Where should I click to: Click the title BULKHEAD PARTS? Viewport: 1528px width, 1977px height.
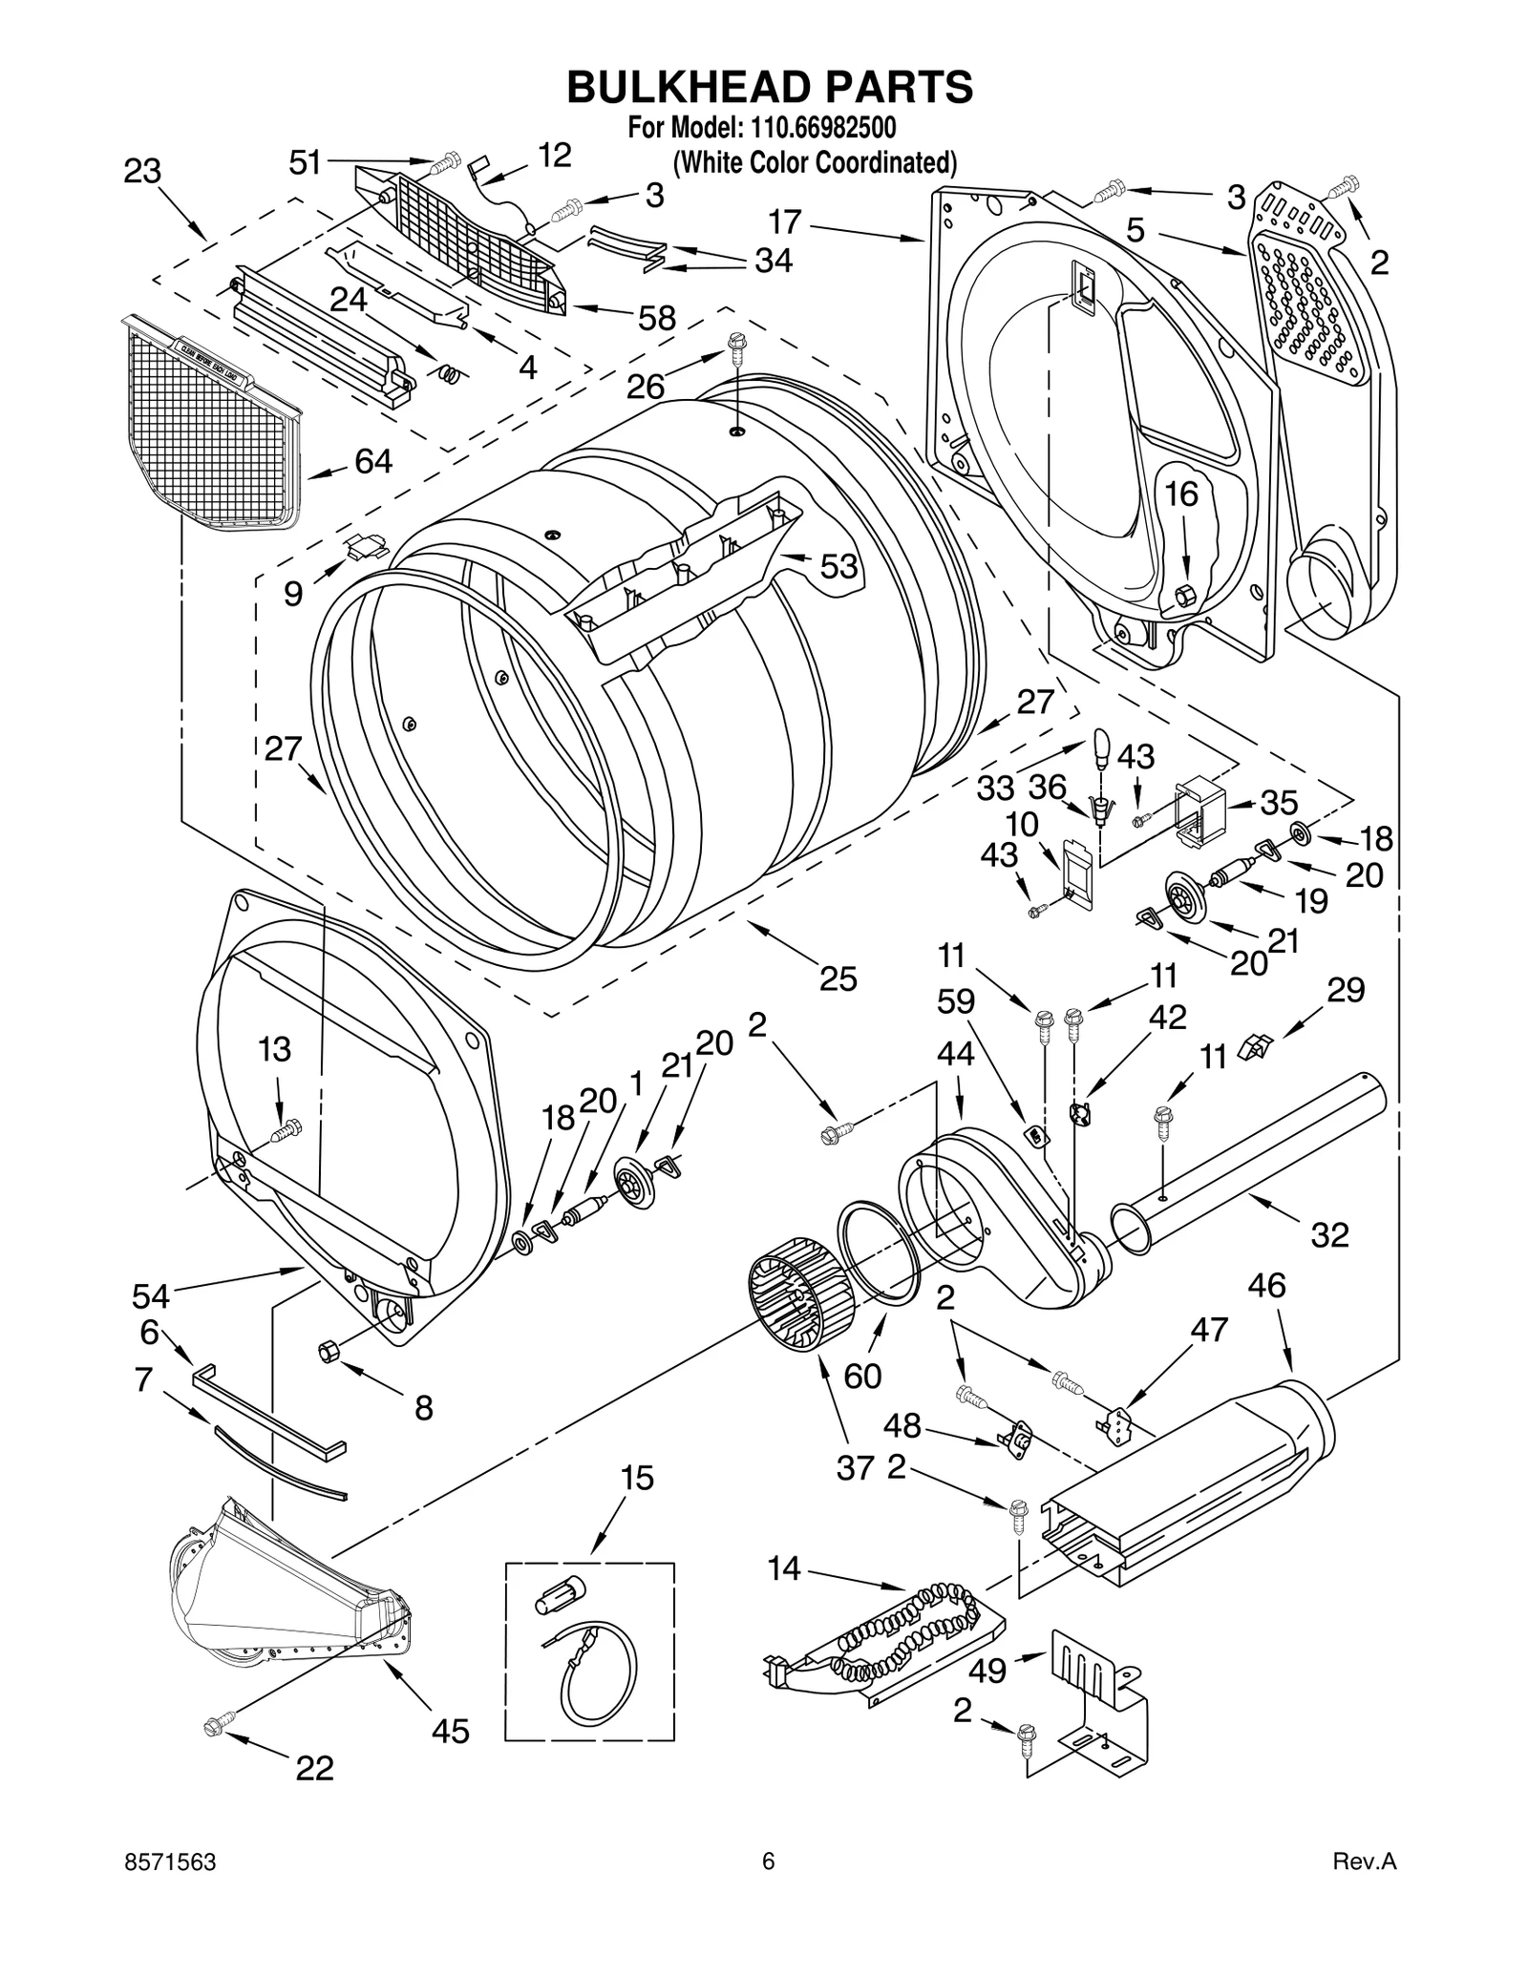(x=770, y=87)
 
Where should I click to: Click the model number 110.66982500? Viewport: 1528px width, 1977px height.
(x=815, y=127)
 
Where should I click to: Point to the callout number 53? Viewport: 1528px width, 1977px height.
(x=839, y=566)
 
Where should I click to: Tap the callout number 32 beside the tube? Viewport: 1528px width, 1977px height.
(x=1329, y=1234)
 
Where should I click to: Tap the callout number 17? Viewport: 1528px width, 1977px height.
(x=785, y=222)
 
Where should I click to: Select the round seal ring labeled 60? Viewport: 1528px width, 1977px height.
(x=879, y=1252)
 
